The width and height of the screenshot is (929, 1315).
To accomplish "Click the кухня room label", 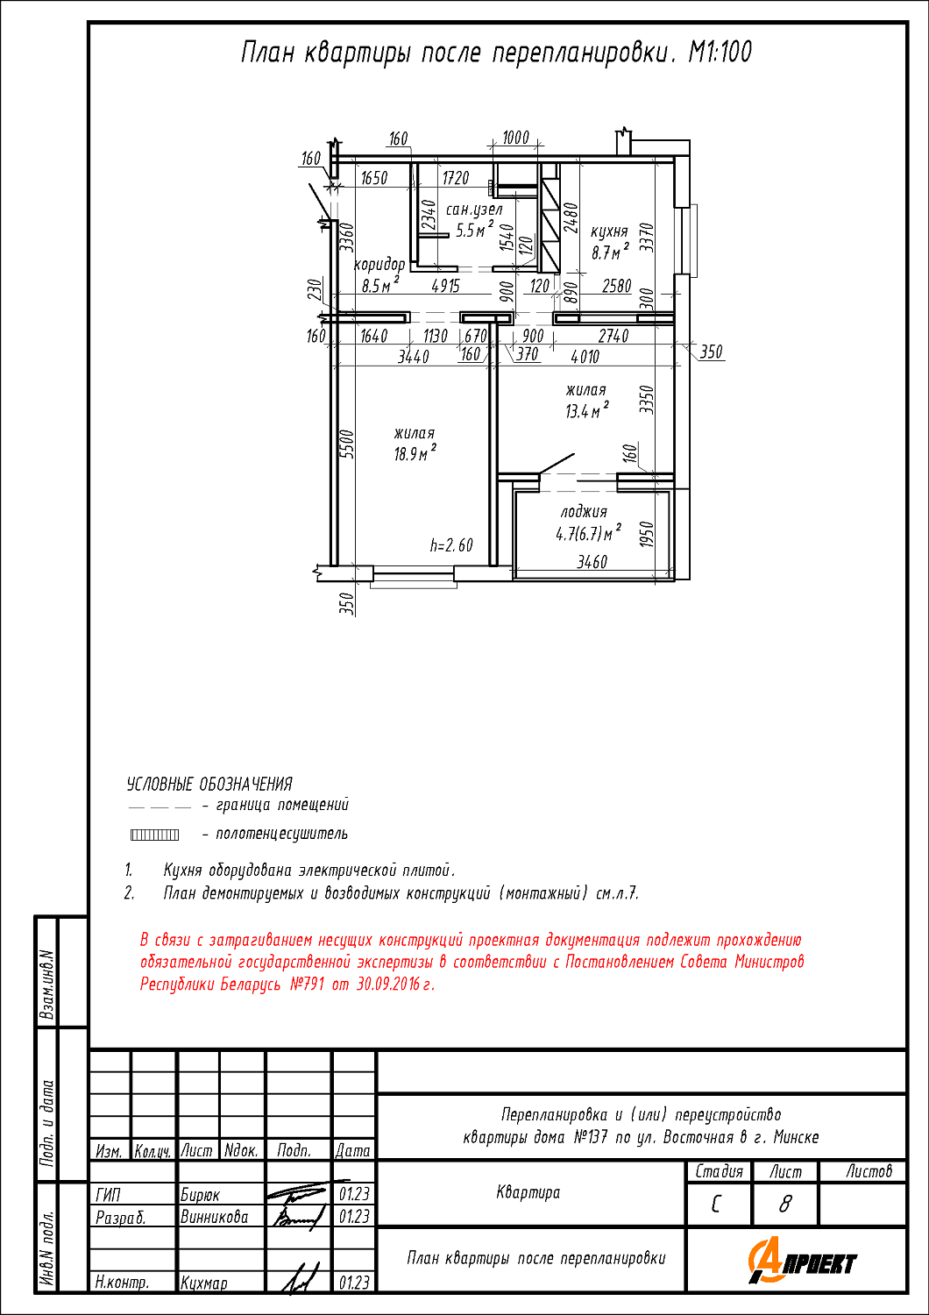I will (x=609, y=231).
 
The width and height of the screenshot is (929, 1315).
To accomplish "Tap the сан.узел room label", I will (x=474, y=210).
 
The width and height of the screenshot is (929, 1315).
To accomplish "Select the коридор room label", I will (x=379, y=264).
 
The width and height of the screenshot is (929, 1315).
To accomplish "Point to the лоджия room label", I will (x=584, y=511).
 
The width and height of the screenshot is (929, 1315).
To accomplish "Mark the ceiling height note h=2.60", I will (x=451, y=545).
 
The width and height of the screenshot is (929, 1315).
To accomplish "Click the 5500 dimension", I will (x=347, y=444).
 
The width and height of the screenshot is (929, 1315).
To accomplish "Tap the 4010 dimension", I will (x=585, y=356).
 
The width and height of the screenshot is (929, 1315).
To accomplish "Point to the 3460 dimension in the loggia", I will (x=592, y=562).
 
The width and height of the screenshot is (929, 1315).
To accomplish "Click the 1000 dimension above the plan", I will (x=515, y=138).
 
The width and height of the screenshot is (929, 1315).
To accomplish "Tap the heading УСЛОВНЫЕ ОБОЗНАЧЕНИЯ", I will (x=209, y=784).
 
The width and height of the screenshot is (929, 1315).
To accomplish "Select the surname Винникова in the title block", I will (x=214, y=1217).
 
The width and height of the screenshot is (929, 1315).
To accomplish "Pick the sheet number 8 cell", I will (x=784, y=1205).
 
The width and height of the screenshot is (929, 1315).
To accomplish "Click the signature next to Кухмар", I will (x=299, y=1279).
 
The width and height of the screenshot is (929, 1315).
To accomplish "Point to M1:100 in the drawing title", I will (x=720, y=53).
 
